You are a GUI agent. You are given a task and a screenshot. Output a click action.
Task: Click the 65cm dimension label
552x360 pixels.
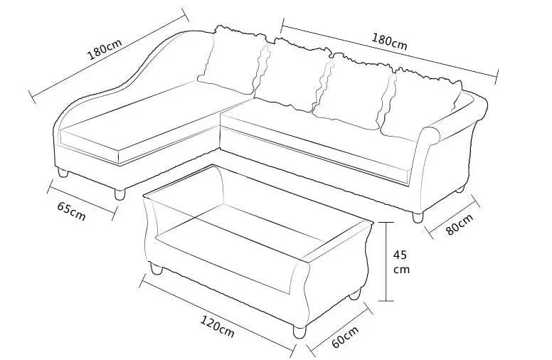point(71,211)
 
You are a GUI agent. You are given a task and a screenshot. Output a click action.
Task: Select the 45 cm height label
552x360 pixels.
point(403,261)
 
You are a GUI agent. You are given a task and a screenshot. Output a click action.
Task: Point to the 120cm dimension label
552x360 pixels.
point(217,327)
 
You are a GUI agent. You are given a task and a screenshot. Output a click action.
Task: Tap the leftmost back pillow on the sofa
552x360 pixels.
point(231,60)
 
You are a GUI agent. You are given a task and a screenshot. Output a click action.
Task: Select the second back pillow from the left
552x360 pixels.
point(292,75)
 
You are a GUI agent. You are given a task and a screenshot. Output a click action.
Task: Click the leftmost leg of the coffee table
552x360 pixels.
point(156,269)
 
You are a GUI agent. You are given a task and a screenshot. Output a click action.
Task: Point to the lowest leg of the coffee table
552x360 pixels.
point(299,332)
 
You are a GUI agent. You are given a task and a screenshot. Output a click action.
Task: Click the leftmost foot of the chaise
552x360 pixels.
point(63,173)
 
